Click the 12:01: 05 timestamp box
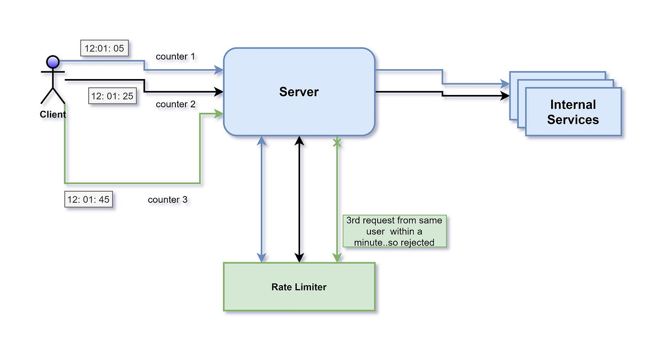[x=104, y=48]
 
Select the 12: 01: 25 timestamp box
[x=113, y=96]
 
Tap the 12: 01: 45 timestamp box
[x=89, y=199]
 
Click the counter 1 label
[x=175, y=57]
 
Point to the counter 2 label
[x=175, y=104]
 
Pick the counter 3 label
[x=167, y=199]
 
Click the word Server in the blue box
[x=299, y=92]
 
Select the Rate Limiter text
[x=299, y=287]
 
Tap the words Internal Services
[x=573, y=112]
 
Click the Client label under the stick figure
[x=53, y=115]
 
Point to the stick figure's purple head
[x=53, y=62]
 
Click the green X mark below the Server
[x=337, y=142]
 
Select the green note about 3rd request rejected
[x=394, y=231]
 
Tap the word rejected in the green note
[x=418, y=243]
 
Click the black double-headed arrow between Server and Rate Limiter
[x=299, y=199]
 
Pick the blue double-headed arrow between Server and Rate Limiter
[x=261, y=199]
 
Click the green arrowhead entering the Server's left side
[x=220, y=114]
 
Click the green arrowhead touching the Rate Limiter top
[x=337, y=258]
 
